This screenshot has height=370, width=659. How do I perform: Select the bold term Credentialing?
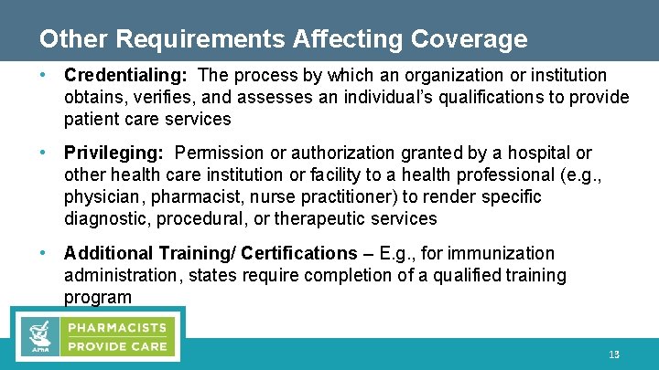(x=126, y=75)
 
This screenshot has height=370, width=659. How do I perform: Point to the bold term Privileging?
(x=115, y=153)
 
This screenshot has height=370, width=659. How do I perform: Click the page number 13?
(x=614, y=354)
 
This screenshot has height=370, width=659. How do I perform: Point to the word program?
(x=98, y=297)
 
